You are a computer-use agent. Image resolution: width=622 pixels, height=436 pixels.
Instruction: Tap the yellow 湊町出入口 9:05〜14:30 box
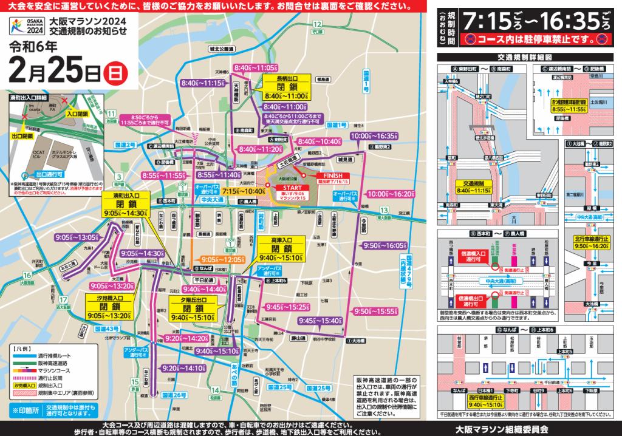[124, 205]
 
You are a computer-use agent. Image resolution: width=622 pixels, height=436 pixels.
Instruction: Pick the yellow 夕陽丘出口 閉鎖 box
[193, 308]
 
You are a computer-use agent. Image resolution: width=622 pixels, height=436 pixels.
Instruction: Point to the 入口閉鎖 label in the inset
[77, 114]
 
